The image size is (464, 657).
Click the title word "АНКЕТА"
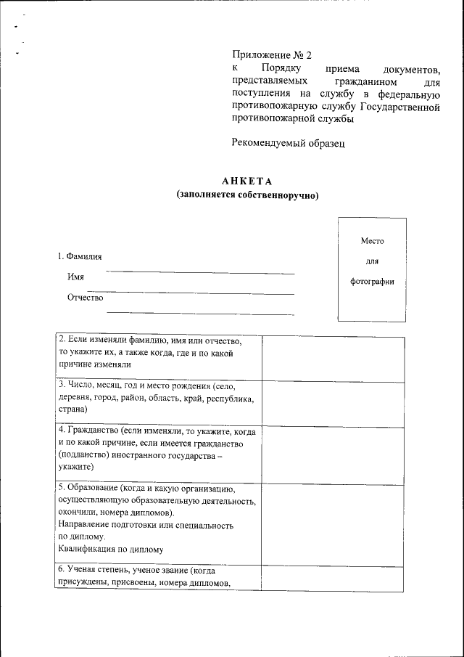[x=246, y=181]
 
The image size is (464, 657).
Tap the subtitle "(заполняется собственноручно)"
[x=247, y=195]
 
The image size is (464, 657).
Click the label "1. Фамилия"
[x=80, y=256]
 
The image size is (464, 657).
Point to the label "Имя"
[x=75, y=277]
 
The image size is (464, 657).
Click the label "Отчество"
[x=86, y=298]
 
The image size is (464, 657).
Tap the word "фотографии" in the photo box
[x=372, y=282]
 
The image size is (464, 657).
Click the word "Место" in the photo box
[x=372, y=241]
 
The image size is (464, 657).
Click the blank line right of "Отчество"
[x=200, y=314]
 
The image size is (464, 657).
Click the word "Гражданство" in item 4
[x=92, y=430]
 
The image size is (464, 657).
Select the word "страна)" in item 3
[x=72, y=410]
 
